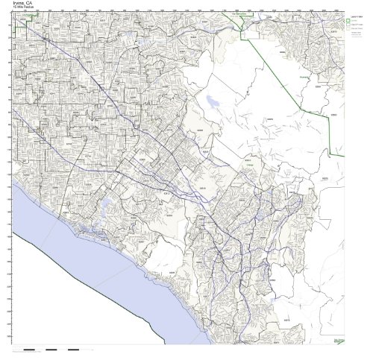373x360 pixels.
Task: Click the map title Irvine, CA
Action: tap(22, 4)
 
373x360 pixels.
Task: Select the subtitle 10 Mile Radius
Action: tap(24, 9)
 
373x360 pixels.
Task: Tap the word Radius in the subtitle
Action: tap(29, 9)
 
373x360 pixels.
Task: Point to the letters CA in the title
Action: tap(30, 4)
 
